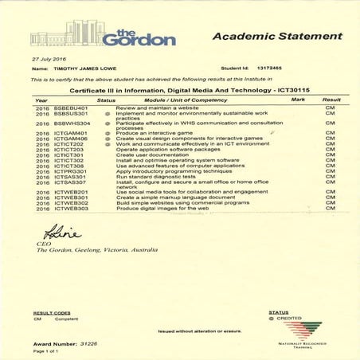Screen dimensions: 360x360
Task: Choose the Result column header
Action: coord(331,100)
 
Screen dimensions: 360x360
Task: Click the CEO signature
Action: coord(42,234)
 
